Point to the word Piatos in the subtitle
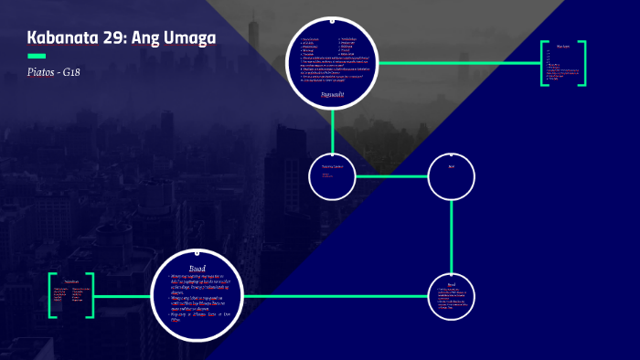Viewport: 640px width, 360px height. click(45, 71)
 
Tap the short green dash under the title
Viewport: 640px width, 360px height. click(37, 56)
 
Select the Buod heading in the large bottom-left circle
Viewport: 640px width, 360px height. click(197, 268)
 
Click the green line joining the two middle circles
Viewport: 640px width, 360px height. click(391, 175)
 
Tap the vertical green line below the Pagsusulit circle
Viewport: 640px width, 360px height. click(332, 127)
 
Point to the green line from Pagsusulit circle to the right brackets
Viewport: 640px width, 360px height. click(457, 63)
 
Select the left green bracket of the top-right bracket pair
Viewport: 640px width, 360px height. click(543, 63)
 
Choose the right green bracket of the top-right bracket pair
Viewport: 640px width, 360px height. click(583, 63)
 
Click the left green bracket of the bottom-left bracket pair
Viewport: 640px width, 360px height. click(52, 295)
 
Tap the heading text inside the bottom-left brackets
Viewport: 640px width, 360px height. click(72, 281)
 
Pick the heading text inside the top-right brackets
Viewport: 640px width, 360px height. click(562, 45)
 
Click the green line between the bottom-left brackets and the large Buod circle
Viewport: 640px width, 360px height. click(122, 296)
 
